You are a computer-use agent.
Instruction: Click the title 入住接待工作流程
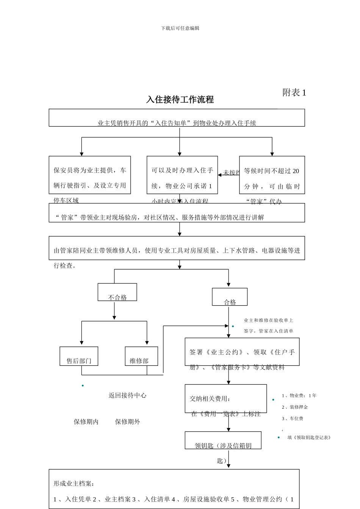point(180,100)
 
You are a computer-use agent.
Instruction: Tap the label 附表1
point(294,92)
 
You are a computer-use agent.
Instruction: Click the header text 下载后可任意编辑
point(180,28)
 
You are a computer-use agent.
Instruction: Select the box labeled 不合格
point(117,292)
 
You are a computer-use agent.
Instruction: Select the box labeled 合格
point(230,297)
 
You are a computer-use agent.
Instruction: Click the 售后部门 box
point(79,356)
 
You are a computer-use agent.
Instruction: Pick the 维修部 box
point(141,356)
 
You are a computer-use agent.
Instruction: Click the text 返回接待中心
point(127,395)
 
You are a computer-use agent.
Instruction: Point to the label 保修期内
point(86,422)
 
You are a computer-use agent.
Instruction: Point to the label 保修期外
point(128,422)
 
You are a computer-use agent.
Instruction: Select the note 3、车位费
point(293,418)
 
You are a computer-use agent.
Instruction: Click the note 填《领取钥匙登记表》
point(309,437)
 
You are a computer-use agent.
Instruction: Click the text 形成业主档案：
point(74,484)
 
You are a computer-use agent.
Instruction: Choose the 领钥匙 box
point(223,440)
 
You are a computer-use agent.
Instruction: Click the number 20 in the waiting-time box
point(296,171)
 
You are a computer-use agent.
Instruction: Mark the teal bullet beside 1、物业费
point(273,400)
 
